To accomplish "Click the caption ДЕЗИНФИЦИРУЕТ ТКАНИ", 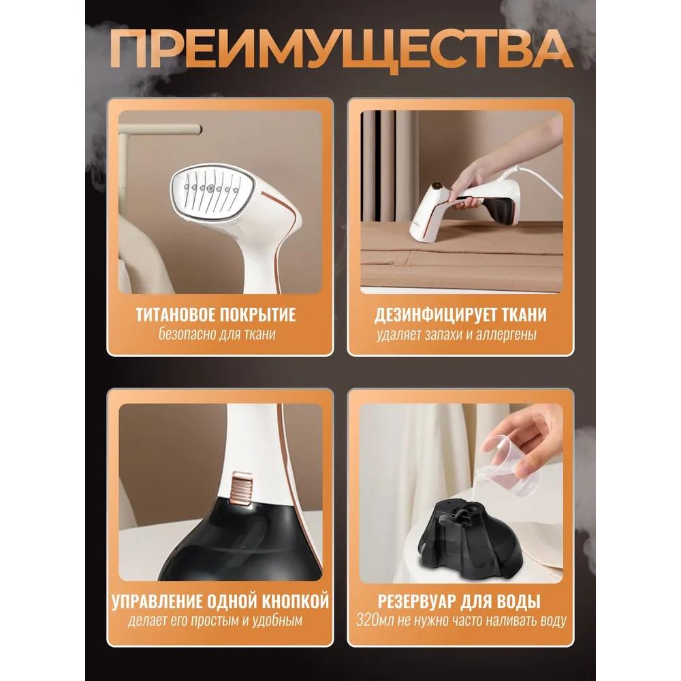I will coord(460,315).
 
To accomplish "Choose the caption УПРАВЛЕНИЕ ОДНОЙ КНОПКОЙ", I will coord(219,601).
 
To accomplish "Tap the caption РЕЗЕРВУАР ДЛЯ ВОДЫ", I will coord(460,601).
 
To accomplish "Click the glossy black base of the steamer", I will coord(238,552).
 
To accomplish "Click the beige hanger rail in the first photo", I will coord(160,128).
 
